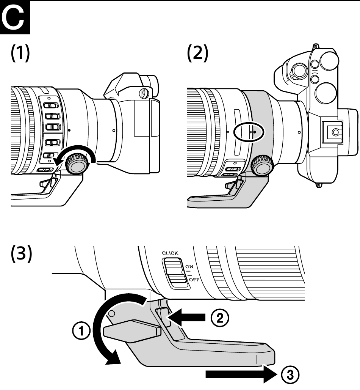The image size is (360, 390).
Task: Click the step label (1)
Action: tap(20, 53)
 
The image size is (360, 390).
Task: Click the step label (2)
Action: tap(197, 53)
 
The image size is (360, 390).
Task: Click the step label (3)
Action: tap(21, 253)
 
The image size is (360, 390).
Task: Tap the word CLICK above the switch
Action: tap(170, 253)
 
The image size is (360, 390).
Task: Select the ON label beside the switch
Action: tap(189, 267)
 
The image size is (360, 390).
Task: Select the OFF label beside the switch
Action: tap(194, 280)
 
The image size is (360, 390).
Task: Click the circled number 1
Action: tap(81, 331)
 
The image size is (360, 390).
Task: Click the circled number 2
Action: tap(220, 318)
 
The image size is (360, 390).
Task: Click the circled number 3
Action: tap(290, 374)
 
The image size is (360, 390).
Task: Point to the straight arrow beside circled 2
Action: tap(186, 318)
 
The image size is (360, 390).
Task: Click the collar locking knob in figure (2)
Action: tap(262, 165)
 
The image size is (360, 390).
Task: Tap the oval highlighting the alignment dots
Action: tap(249, 132)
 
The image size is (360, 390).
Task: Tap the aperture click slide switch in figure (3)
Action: tap(175, 273)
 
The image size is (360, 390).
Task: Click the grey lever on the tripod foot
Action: tap(132, 329)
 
